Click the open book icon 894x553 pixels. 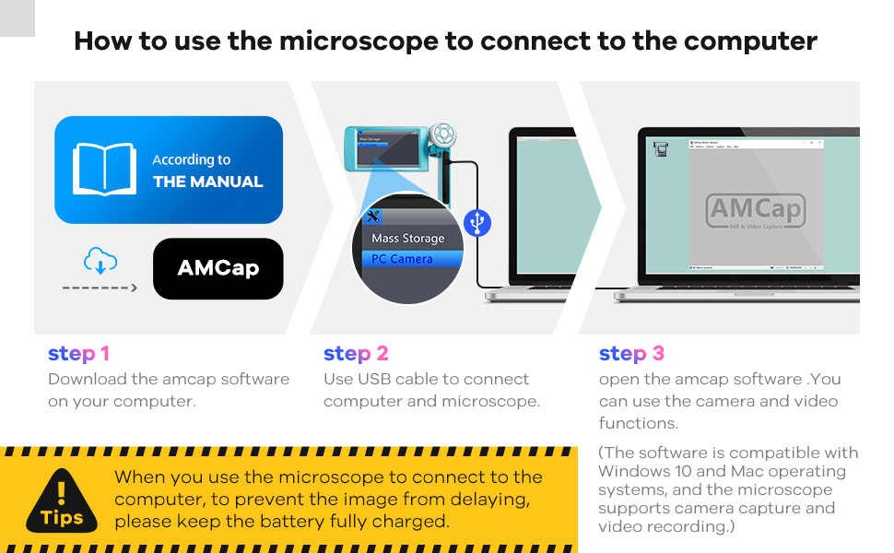(x=104, y=170)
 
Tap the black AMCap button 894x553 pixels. (x=218, y=268)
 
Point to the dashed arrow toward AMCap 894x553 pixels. (x=100, y=288)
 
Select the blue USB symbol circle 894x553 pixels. (x=477, y=223)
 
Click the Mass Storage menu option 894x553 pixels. (x=407, y=239)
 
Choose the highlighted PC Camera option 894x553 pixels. (x=402, y=259)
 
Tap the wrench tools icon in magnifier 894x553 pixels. (x=373, y=217)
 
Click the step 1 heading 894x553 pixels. (x=78, y=354)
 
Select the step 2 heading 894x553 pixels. (x=356, y=354)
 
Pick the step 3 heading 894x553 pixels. (x=631, y=354)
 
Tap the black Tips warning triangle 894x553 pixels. (x=62, y=503)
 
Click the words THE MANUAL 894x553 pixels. (x=208, y=182)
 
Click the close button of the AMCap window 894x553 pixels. (x=818, y=143)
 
